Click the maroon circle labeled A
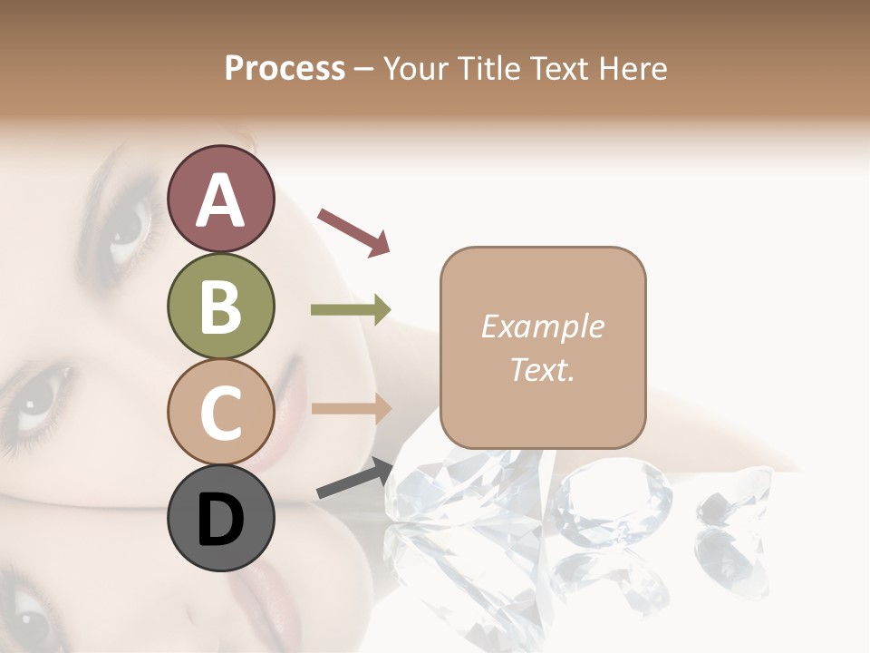221,200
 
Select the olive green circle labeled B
221,307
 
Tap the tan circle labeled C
221,412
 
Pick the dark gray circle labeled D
221,518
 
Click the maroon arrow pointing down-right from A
353,230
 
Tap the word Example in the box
542,326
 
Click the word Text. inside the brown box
542,369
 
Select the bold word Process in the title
285,68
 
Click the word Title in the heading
491,68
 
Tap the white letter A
221,200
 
